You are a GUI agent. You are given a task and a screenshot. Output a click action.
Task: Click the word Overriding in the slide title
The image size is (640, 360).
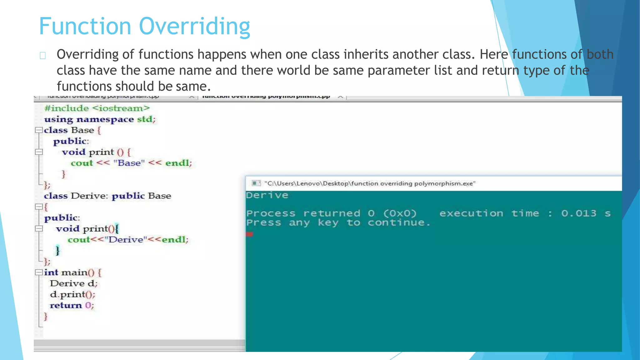[x=194, y=26]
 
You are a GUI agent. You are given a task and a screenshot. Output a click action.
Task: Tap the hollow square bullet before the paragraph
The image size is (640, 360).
[x=43, y=56]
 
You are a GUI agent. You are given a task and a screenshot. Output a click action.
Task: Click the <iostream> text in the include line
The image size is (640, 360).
[x=121, y=108]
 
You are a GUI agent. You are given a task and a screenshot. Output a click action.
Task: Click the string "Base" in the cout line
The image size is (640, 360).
[x=129, y=163]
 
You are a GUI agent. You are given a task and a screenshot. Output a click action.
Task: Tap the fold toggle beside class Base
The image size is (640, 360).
[x=39, y=130]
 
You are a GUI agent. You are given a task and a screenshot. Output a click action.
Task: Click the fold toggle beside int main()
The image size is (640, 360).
[x=39, y=272]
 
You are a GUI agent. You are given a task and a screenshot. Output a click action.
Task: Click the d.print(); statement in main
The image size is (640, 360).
[x=72, y=294]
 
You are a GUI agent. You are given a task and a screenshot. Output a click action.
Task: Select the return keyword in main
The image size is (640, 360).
[x=66, y=305]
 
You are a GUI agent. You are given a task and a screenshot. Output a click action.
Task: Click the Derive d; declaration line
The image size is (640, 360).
[x=74, y=283]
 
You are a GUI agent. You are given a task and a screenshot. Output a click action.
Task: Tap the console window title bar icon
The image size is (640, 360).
[x=256, y=183]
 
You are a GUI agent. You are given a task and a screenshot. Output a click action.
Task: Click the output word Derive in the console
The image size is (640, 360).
[x=267, y=195]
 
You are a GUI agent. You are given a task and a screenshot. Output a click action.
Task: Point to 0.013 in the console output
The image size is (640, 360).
[x=578, y=213]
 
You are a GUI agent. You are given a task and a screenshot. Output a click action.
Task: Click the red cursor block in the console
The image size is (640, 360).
[x=249, y=234]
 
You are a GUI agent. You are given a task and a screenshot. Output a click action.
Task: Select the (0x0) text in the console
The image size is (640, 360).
[x=400, y=213]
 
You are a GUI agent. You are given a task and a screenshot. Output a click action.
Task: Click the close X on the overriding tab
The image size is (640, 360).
[x=341, y=97]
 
